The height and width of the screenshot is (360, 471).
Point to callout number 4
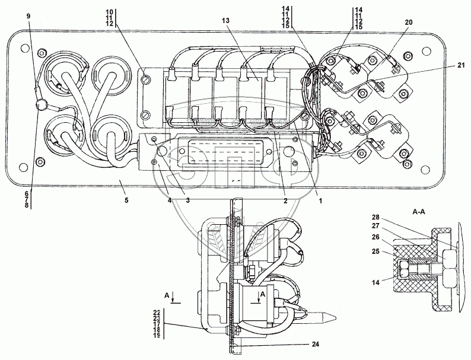point(170,200)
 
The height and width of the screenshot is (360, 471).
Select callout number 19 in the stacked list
point(157,335)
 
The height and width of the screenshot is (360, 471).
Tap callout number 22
point(157,312)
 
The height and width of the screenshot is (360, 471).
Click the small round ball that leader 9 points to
point(42,106)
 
